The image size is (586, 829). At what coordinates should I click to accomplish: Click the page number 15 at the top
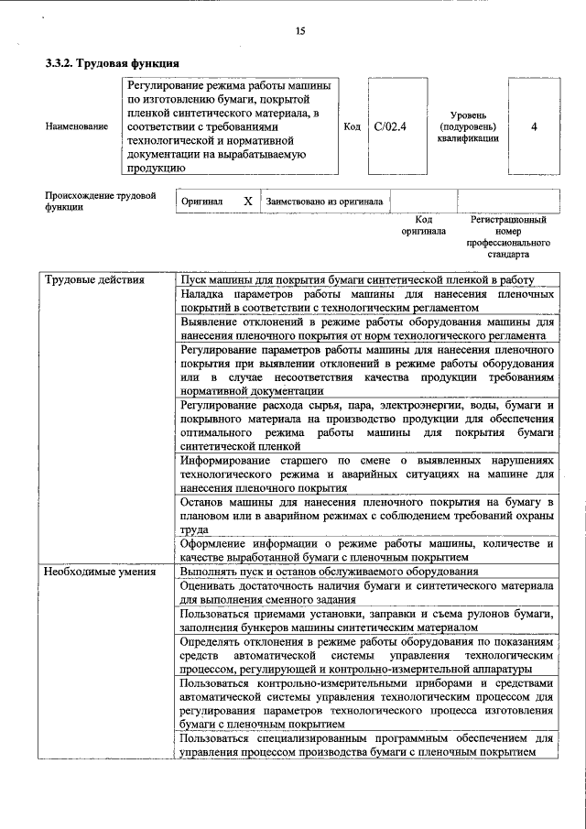pos(299,32)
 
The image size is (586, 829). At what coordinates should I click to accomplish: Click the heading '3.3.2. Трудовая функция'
pos(112,63)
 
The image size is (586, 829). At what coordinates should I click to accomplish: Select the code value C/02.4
pos(390,126)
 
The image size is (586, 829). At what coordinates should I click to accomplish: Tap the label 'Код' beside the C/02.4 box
pos(351,126)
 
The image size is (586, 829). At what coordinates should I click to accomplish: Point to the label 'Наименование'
pos(76,126)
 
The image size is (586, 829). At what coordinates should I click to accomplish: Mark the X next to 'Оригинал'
pos(247,201)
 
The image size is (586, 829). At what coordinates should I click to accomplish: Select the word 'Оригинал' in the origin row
pos(202,201)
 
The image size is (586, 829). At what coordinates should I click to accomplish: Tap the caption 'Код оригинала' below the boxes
pos(423,225)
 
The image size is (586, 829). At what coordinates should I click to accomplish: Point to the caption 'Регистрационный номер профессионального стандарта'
pos(508,237)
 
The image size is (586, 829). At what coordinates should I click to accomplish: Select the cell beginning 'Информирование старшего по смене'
pos(366,474)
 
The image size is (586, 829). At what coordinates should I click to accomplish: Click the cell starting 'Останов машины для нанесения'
pos(366,517)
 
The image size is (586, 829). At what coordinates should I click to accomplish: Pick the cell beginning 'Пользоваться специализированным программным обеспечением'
pos(366,745)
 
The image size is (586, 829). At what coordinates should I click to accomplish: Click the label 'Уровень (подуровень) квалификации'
pos(468,126)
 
